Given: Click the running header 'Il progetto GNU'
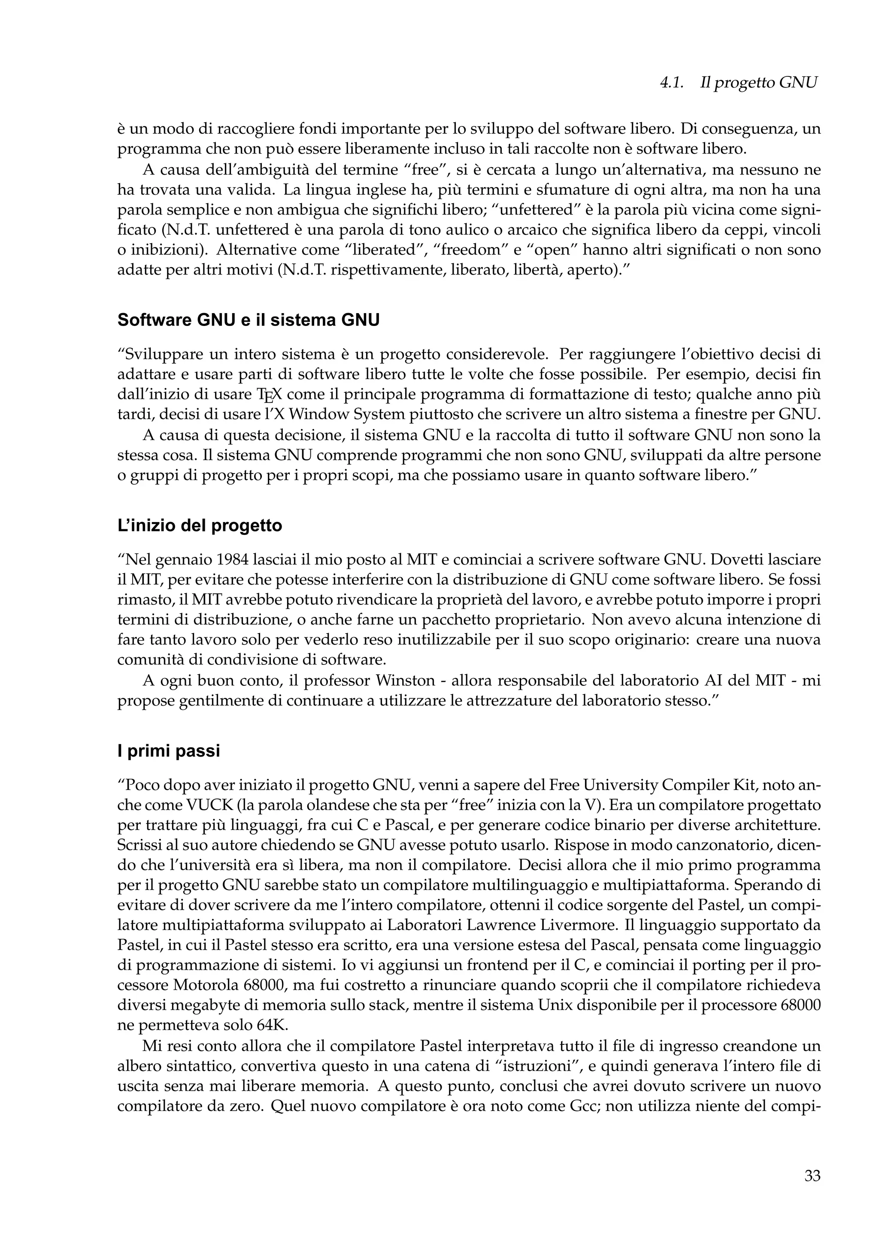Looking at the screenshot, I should coord(758,83).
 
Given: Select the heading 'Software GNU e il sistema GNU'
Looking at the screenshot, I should coord(248,320).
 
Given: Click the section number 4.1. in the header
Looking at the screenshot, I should coord(671,83).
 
